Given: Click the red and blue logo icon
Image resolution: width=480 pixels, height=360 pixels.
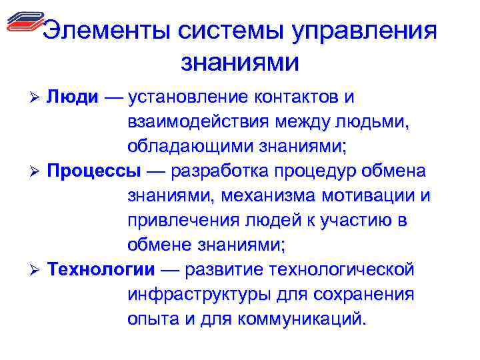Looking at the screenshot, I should pos(25,23).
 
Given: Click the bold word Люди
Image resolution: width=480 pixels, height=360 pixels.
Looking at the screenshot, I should pos(73,97).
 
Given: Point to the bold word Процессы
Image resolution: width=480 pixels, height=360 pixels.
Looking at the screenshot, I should pos(94,171).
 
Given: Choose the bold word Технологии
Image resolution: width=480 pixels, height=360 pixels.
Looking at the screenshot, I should pos(101,270).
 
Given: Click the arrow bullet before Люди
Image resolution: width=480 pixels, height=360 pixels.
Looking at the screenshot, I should pos(37,98).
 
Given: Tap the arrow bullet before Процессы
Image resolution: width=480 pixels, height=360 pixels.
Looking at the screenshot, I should pos(37,172).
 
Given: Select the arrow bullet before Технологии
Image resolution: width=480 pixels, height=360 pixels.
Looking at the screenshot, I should pos(37,271).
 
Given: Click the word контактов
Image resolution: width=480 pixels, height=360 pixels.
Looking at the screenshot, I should pos(294,97).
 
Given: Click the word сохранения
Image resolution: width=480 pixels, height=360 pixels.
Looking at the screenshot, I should pos(366,295).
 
